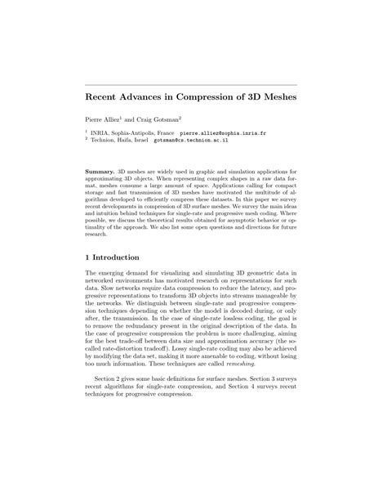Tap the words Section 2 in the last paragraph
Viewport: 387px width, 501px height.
click(111, 378)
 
